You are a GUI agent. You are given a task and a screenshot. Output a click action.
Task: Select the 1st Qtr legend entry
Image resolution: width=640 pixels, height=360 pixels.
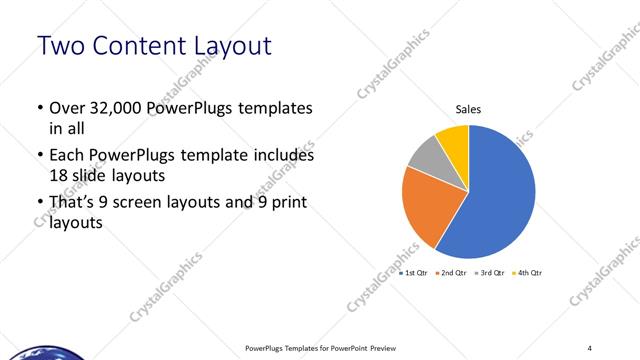(414, 273)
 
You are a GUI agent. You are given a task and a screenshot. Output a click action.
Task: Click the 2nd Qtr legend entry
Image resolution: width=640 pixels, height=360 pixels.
(451, 273)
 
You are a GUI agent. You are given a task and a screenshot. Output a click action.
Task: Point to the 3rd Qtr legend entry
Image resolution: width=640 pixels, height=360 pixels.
(488, 273)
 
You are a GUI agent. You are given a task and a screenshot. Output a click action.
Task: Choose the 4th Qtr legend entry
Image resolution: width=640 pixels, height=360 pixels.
(526, 273)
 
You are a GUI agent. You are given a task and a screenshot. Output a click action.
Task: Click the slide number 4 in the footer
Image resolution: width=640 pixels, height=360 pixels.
(590, 347)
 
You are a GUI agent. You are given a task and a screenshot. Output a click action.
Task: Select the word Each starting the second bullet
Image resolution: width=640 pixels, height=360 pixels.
(67, 156)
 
